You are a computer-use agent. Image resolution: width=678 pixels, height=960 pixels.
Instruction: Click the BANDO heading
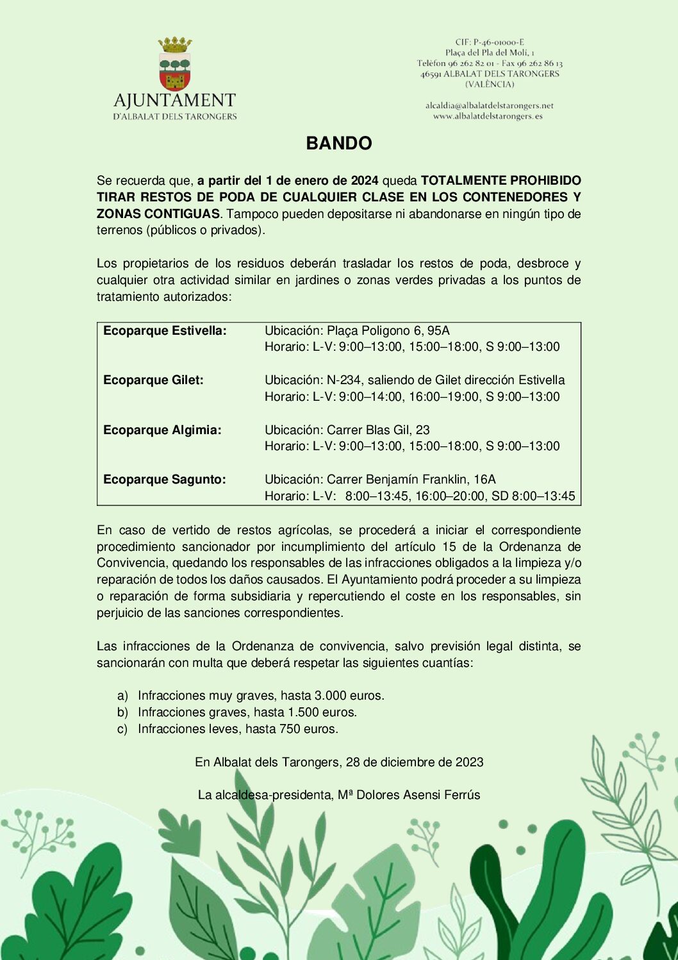click(339, 143)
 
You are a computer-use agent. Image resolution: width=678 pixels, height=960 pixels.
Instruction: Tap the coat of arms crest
click(175, 65)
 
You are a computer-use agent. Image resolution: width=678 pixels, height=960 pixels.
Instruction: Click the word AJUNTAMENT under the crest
click(174, 101)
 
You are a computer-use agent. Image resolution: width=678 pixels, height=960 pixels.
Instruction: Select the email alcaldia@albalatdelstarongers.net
click(489, 105)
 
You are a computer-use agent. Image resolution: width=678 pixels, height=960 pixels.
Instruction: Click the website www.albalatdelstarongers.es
click(488, 116)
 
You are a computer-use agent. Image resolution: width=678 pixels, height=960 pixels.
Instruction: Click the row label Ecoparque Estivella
click(165, 331)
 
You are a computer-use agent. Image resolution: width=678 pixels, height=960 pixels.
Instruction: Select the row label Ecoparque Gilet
click(153, 380)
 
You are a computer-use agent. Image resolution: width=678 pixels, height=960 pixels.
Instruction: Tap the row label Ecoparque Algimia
click(162, 430)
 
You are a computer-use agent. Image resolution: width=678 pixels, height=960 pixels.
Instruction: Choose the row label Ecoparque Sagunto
click(165, 480)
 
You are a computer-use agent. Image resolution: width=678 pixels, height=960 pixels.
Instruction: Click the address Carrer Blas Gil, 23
click(378, 430)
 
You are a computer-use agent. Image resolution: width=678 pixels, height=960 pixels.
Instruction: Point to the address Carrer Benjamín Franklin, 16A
click(411, 480)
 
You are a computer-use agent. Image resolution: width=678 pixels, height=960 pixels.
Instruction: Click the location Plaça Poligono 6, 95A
click(388, 331)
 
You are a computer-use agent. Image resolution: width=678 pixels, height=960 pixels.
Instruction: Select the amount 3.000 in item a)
click(330, 696)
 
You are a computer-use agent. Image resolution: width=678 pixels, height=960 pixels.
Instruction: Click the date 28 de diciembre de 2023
click(415, 762)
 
